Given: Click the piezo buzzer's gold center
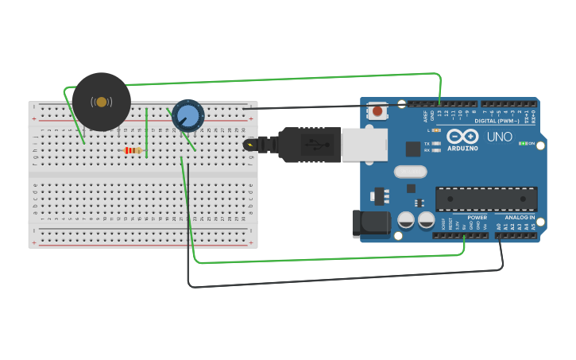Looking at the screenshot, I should pyautogui.click(x=101, y=102).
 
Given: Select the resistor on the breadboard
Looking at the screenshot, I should pyautogui.click(x=133, y=150).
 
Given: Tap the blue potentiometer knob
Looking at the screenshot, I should pyautogui.click(x=188, y=116).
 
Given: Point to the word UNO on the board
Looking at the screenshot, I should pyautogui.click(x=499, y=137).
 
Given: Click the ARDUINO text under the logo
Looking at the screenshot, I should pyautogui.click(x=462, y=148).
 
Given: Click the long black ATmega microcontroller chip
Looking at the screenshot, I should pyautogui.click(x=486, y=199).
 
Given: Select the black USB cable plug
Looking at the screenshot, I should pyautogui.click(x=310, y=145).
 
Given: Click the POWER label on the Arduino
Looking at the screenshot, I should pyautogui.click(x=477, y=217).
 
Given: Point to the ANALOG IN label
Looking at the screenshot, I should pyautogui.click(x=520, y=217).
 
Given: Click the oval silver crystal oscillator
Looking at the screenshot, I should pyautogui.click(x=410, y=172).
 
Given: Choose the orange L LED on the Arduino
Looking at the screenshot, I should pyautogui.click(x=437, y=130).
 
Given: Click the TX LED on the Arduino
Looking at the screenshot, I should pyautogui.click(x=436, y=143).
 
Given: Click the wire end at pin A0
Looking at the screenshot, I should pyautogui.click(x=499, y=236).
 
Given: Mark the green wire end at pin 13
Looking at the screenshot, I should pyautogui.click(x=440, y=104).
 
